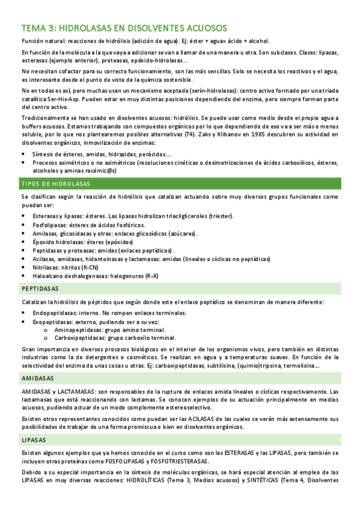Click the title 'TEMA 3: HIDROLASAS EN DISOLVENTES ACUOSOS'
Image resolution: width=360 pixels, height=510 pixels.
point(124,28)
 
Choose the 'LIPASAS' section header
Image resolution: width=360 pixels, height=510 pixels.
point(33,440)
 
